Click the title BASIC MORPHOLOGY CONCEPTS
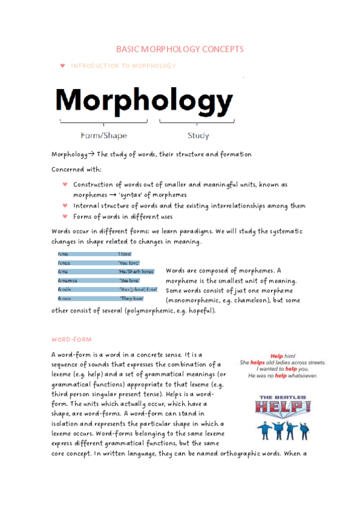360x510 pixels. pyautogui.click(x=179, y=49)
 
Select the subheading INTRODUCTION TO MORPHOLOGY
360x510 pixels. pyautogui.click(x=123, y=66)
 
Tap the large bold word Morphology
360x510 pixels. pyautogui.click(x=144, y=101)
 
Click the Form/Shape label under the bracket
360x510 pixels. pyautogui.click(x=103, y=135)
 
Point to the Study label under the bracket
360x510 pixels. pyautogui.click(x=198, y=135)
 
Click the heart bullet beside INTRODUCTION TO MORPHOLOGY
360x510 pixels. pyautogui.click(x=63, y=66)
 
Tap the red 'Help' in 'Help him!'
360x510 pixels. pyautogui.click(x=276, y=356)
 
